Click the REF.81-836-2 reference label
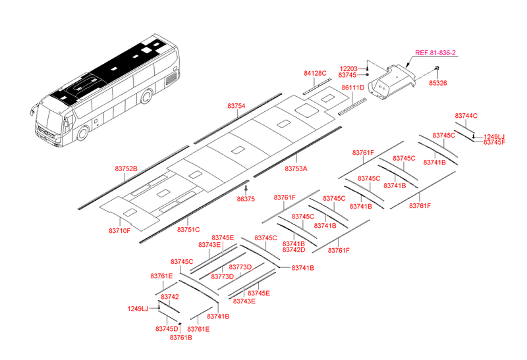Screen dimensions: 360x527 pos(435,53)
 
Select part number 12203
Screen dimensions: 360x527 pos(348,68)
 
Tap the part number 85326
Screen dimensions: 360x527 pos(438,84)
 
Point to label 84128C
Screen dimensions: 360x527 pos(315,73)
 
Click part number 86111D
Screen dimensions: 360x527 pos(352,88)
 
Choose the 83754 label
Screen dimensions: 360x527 pos(236,106)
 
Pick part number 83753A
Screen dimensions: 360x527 pos(296,168)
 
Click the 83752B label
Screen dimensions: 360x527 pos(126,168)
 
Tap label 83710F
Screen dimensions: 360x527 pos(119,230)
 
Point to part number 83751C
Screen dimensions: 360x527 pos(188,229)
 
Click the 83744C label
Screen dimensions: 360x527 pos(466,116)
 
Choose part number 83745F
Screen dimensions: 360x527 pos(494,142)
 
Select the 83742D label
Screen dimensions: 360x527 pos(293,250)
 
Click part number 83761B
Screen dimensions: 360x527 pos(180,338)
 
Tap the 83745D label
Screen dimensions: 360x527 pos(167,328)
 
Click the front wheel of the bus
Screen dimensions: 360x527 pos(83,134)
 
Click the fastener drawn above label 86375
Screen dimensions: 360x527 pos(246,189)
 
